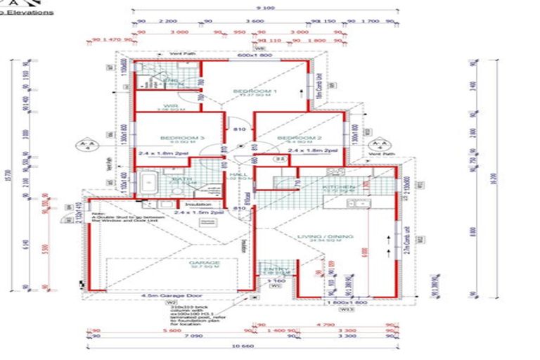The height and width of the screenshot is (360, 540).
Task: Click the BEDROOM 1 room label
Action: (255, 91)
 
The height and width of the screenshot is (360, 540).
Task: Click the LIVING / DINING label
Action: (325, 237)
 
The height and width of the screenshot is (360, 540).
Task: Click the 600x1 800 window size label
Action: (254, 55)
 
